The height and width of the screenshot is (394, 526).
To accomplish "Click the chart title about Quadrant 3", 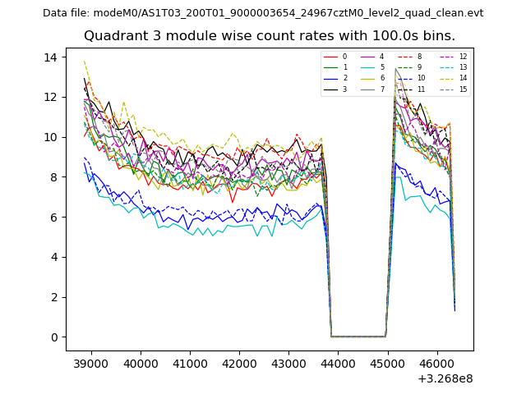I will coord(280,36).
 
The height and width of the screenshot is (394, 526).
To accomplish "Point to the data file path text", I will coord(263,13).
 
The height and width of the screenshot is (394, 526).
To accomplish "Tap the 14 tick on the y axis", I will coord(50,57).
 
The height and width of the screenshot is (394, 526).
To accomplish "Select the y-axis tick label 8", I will coord(53,176).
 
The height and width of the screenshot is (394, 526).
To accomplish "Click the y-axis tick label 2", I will coord(53,297).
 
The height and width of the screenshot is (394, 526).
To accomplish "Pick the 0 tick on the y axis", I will coord(53,337).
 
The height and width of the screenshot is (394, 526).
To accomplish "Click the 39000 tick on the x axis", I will coord(90,362).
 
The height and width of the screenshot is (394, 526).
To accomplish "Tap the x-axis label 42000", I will coord(239,362).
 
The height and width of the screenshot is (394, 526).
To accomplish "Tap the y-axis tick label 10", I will coord(50,137).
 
